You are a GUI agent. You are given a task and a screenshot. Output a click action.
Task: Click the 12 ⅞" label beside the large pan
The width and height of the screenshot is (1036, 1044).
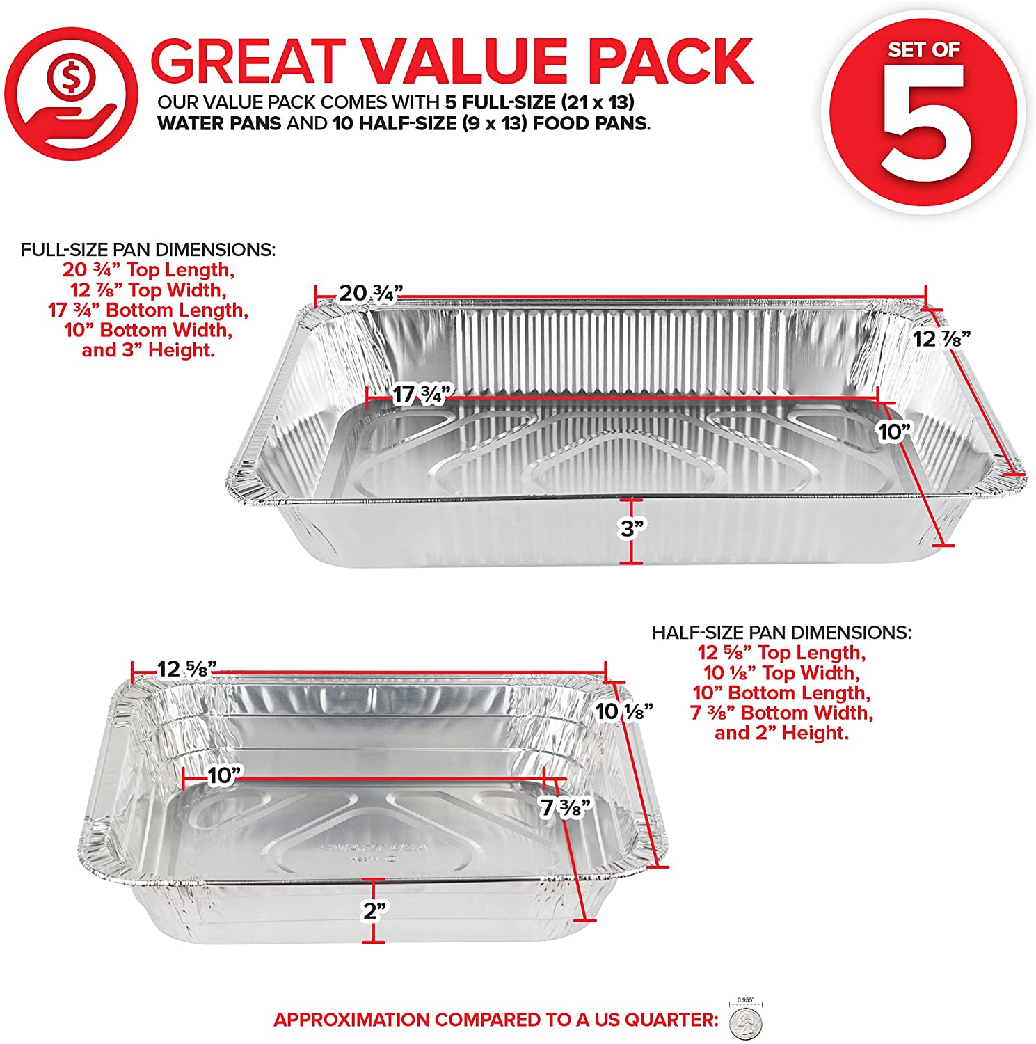tap(941, 338)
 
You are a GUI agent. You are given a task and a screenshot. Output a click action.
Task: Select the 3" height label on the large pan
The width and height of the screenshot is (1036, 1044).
tap(632, 529)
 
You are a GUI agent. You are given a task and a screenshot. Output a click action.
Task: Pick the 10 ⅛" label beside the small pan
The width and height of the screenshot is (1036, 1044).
tap(624, 711)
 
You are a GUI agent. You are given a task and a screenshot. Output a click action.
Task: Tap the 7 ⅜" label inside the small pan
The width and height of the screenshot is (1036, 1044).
tap(566, 807)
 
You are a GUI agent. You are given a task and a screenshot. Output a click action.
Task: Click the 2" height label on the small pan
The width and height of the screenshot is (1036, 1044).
tap(374, 910)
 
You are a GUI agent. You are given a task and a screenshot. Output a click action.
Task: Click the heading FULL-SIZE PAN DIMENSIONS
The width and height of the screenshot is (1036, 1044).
tap(148, 250)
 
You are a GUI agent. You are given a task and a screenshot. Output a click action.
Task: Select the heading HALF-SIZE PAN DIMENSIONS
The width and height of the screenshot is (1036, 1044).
tap(781, 633)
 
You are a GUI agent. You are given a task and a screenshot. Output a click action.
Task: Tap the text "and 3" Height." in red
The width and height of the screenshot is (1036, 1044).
tap(148, 350)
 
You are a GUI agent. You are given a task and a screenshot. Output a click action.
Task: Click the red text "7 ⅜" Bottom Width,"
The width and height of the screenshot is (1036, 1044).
tap(781, 713)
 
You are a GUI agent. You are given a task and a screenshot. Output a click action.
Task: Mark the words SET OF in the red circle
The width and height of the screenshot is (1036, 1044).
tap(923, 50)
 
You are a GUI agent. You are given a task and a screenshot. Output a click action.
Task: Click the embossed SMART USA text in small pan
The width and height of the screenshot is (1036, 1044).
tap(374, 848)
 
